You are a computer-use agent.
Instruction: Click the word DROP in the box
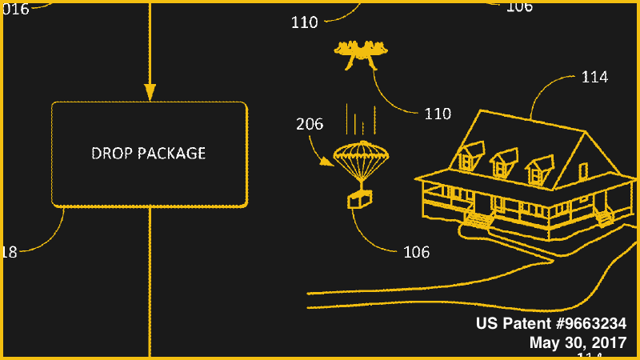(110, 153)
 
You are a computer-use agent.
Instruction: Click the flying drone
(359, 54)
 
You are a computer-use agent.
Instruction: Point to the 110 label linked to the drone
(438, 114)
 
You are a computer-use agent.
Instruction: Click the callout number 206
(310, 124)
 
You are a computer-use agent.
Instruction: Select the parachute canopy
(360, 154)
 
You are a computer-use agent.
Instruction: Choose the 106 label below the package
(416, 252)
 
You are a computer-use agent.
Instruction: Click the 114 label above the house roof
(594, 77)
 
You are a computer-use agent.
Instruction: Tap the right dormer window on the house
(538, 170)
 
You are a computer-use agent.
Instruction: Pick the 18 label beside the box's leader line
(9, 252)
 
